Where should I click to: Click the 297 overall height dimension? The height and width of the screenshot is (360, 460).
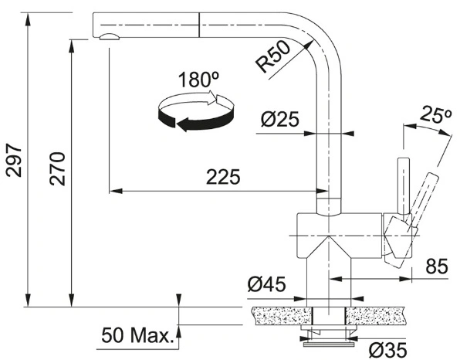[14, 161]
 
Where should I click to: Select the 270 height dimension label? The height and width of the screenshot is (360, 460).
[57, 169]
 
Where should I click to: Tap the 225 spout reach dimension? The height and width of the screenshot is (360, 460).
[223, 177]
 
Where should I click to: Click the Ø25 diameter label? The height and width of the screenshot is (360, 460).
[280, 119]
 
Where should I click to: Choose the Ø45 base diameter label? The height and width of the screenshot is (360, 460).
[266, 284]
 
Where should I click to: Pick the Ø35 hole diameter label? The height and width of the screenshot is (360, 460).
[387, 350]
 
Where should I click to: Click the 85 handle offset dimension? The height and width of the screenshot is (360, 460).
[437, 267]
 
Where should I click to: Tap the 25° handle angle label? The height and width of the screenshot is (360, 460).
[435, 114]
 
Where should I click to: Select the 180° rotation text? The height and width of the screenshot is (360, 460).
[198, 80]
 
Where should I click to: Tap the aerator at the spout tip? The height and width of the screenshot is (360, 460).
[110, 36]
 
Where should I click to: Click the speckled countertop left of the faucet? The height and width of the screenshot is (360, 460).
[281, 316]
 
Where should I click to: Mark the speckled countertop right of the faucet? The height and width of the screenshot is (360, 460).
[375, 316]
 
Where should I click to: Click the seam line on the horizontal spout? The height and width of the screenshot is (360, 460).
[199, 25]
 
